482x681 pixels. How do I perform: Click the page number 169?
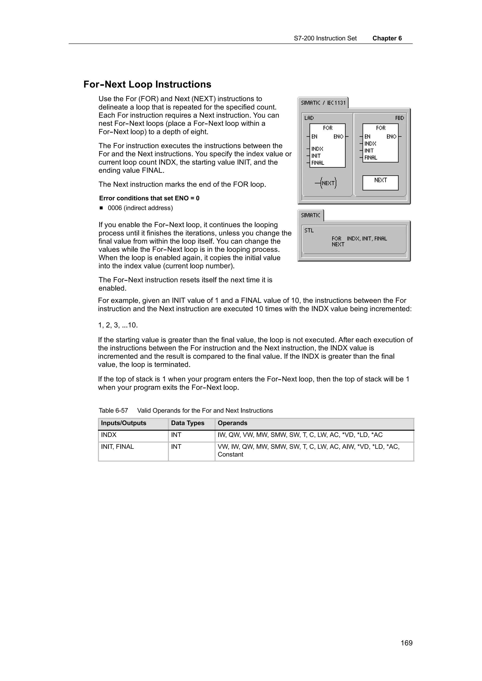[x=406, y=643]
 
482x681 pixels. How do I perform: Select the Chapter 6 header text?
[x=387, y=38]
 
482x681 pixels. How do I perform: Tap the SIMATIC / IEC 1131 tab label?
[x=323, y=103]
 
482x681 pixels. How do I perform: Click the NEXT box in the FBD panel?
[x=380, y=182]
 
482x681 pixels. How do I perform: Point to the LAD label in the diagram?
[x=309, y=118]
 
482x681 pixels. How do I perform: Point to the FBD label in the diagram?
[x=399, y=118]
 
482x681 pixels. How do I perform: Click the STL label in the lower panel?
[x=309, y=231]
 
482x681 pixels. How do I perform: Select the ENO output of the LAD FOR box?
[x=338, y=137]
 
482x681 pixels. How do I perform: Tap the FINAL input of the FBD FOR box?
[x=371, y=158]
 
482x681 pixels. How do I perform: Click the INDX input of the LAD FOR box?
[x=317, y=149]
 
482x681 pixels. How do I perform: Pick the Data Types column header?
[x=187, y=423]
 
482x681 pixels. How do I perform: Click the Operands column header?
[x=232, y=423]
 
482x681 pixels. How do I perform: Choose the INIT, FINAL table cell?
[x=117, y=447]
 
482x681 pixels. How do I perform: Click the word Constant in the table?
[x=230, y=454]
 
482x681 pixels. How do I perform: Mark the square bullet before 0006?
[x=101, y=208]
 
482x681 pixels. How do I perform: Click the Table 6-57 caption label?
[x=113, y=411]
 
